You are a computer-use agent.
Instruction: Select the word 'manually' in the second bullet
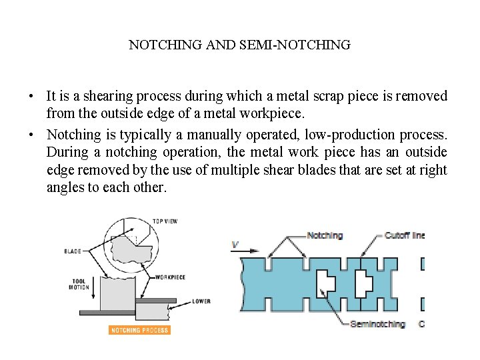click(x=201, y=135)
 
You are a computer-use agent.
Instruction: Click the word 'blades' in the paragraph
click(x=313, y=170)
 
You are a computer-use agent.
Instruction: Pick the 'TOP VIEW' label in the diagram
click(x=165, y=221)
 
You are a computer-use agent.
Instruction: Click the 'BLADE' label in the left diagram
click(x=73, y=251)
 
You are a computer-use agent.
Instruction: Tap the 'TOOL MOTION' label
click(x=79, y=284)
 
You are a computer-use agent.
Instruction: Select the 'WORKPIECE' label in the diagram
click(x=170, y=277)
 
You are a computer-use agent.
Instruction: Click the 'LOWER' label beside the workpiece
click(x=201, y=301)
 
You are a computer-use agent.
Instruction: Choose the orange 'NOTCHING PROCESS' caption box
click(x=139, y=330)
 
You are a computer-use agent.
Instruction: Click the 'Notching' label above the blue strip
click(x=325, y=235)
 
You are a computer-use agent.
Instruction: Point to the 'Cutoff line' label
click(x=404, y=235)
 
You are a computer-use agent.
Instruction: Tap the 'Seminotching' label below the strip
click(x=377, y=324)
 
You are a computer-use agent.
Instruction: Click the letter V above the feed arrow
click(x=235, y=245)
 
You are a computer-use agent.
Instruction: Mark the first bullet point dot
click(x=32, y=97)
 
